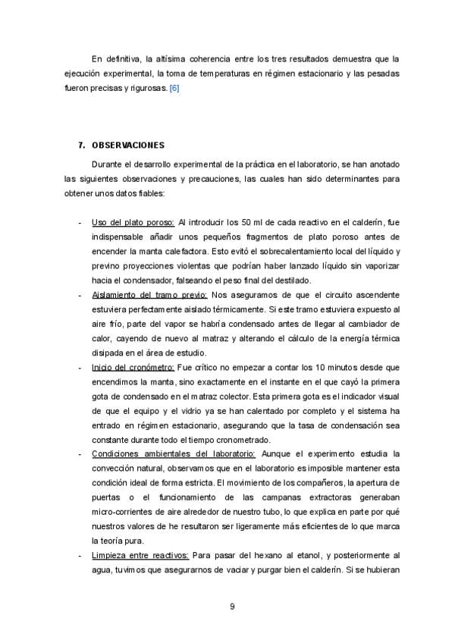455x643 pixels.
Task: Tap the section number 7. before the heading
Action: (x=82, y=145)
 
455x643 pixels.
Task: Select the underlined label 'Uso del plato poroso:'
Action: (x=133, y=223)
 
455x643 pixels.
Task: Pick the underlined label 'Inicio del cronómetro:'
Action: (x=133, y=367)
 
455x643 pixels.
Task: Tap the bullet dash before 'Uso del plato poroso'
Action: (x=80, y=223)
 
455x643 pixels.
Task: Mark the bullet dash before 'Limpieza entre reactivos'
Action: (x=80, y=555)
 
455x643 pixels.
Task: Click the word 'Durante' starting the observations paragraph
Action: (x=107, y=164)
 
